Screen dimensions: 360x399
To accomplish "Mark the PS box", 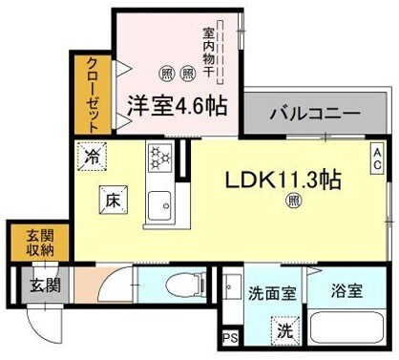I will pos(228,338).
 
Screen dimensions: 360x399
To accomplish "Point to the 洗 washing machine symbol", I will pos(283,331).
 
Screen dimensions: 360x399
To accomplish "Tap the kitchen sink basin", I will pos(158,201).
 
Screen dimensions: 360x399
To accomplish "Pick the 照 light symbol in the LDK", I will pos(293,200).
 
